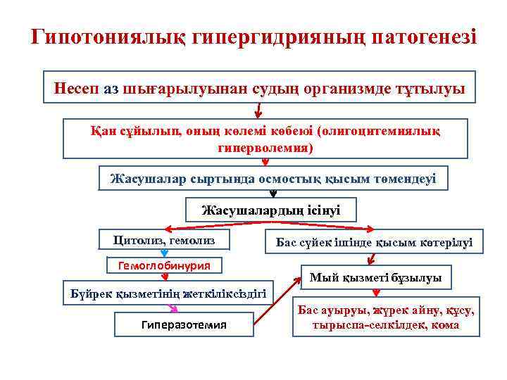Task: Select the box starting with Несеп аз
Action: click(258, 88)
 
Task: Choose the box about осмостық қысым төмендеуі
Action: click(273, 179)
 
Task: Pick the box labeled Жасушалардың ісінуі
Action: click(271, 210)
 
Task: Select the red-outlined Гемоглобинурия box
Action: click(164, 265)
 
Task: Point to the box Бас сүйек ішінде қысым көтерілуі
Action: click(374, 242)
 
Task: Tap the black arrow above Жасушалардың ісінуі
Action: click(273, 194)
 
